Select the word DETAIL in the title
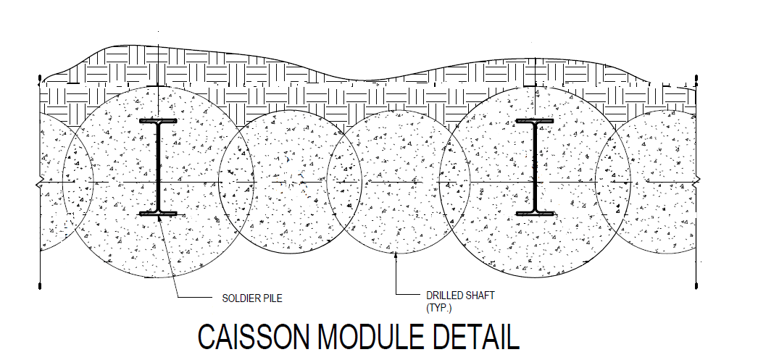(x=474, y=339)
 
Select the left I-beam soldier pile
(x=158, y=167)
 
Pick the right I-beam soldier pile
(x=536, y=167)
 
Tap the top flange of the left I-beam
(x=158, y=122)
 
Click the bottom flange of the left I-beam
(x=158, y=213)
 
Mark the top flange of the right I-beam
(x=536, y=122)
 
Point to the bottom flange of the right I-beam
(x=536, y=213)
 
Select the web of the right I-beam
(x=536, y=167)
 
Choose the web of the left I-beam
(x=158, y=167)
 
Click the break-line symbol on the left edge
(x=41, y=183)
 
